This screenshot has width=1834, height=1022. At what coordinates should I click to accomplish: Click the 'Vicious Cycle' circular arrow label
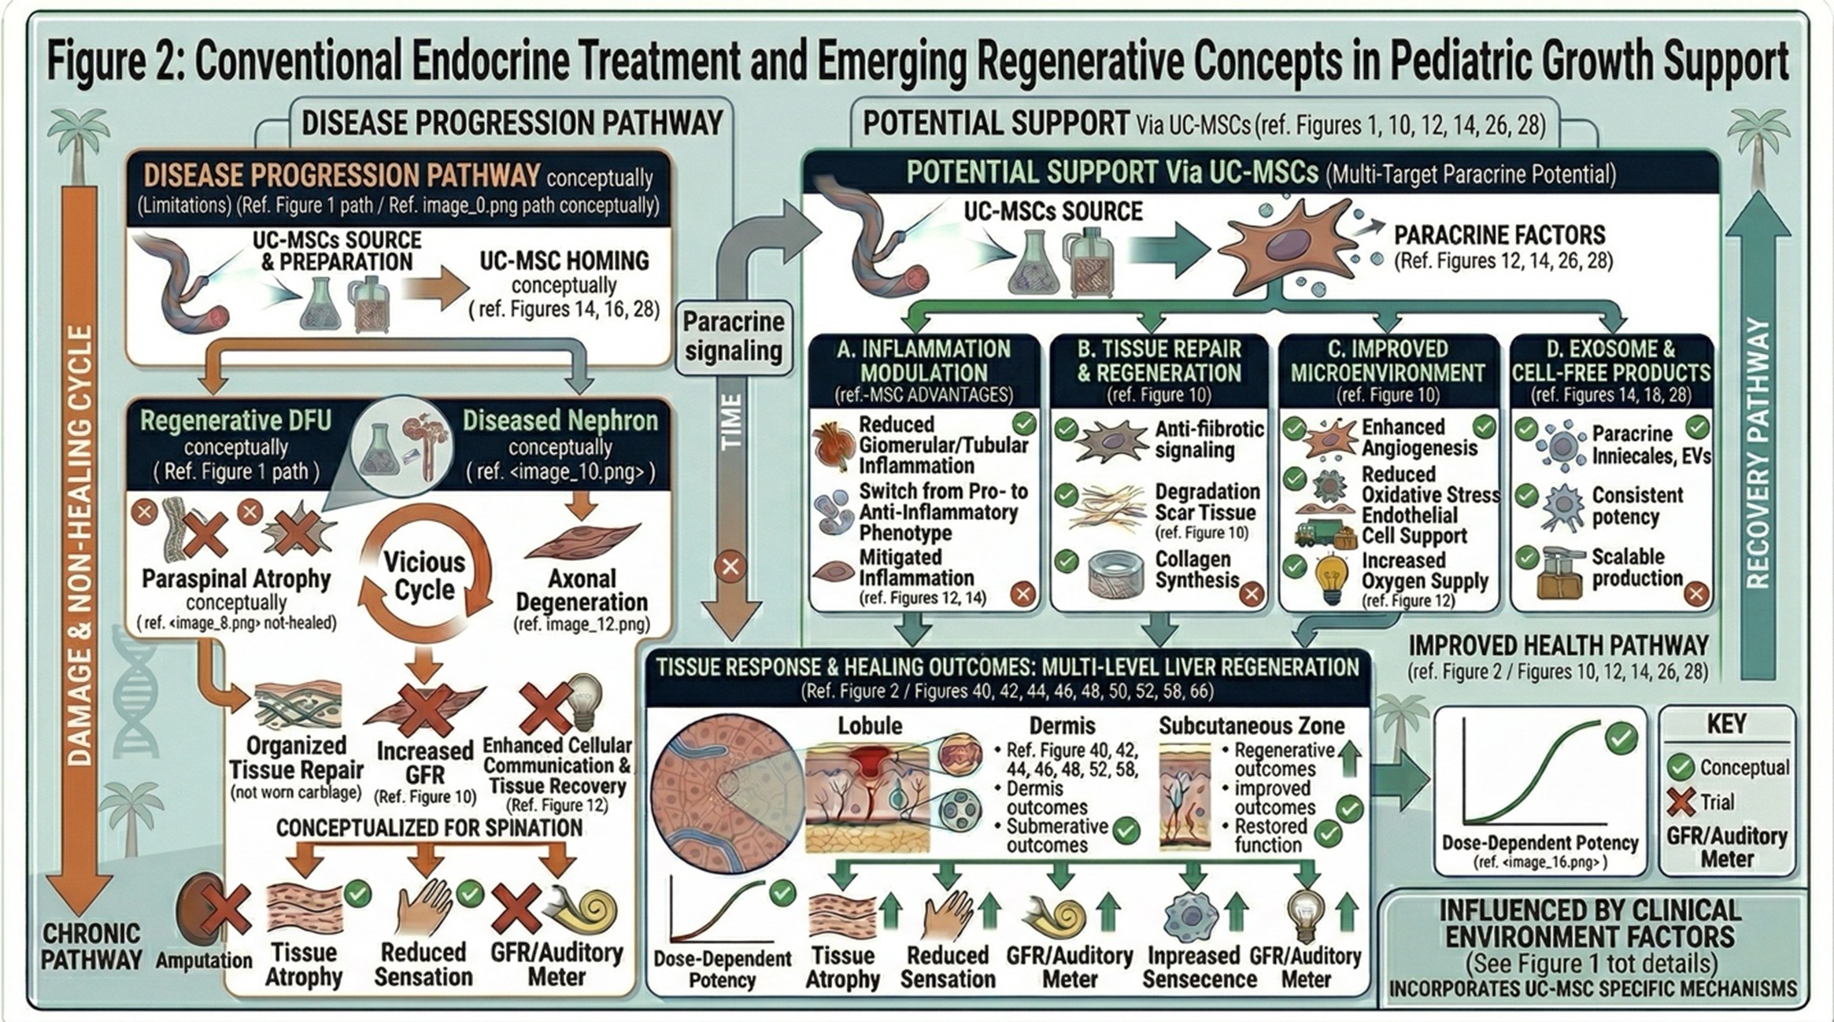pos(424,576)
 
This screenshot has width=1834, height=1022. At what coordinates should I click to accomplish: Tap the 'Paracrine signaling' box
pos(733,336)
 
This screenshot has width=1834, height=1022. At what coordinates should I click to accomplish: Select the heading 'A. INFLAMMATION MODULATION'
pos(923,361)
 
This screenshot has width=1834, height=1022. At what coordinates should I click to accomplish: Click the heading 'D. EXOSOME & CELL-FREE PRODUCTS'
pos(1610,361)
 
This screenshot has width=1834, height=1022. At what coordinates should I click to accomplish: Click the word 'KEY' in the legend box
pos(1726,724)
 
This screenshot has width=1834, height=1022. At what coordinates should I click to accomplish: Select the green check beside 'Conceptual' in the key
pos(1681,767)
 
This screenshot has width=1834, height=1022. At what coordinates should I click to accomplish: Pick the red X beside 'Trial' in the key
pos(1681,802)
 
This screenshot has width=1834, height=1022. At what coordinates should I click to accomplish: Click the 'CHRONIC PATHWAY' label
pos(91,946)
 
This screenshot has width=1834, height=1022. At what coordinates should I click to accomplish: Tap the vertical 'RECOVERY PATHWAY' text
pos(1757,452)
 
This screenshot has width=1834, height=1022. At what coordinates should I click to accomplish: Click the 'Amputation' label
pos(204,961)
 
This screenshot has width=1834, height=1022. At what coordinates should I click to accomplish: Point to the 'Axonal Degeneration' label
pos(582,590)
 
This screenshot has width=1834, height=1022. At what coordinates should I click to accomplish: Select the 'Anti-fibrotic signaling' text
pos(1208,439)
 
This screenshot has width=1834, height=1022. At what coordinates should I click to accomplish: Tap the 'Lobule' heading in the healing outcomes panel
pos(870,725)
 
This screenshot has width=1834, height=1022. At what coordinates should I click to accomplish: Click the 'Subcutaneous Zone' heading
pos(1252,725)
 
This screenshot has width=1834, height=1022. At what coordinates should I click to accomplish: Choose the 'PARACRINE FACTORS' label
pos(1499,235)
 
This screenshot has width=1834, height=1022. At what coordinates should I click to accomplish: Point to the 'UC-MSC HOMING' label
pos(564,260)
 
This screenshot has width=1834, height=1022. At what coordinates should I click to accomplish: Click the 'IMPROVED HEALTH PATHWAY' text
pos(1558,646)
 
